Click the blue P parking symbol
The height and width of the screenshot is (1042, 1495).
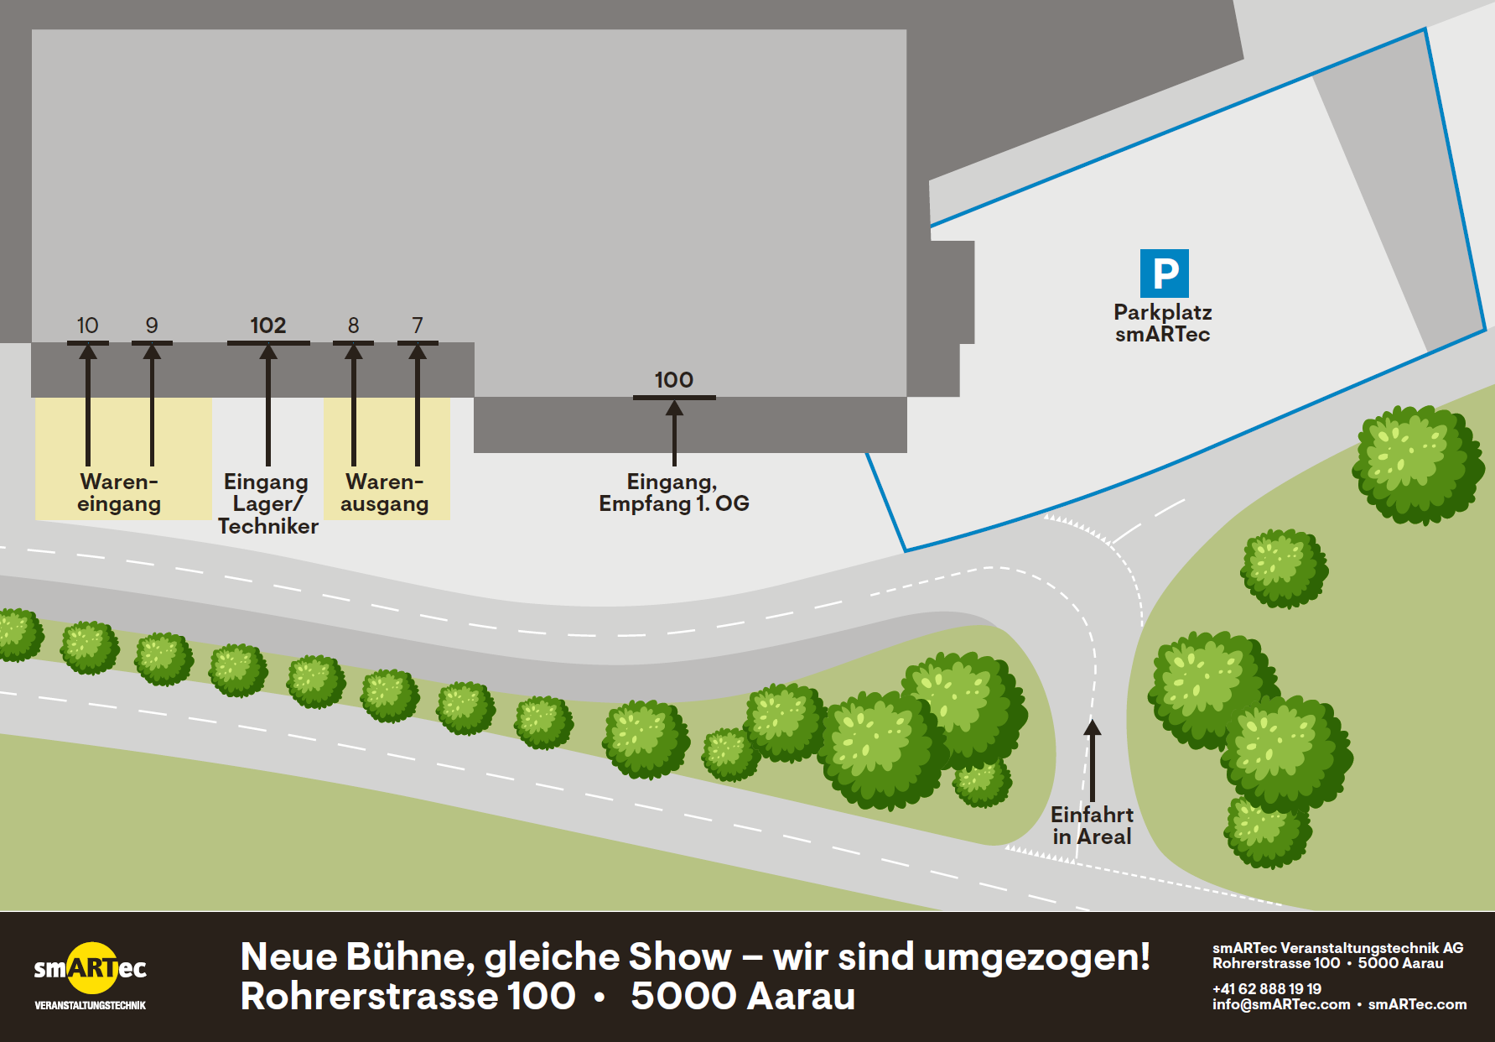coord(1164,274)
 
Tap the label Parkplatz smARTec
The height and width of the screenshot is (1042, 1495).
coord(1163,323)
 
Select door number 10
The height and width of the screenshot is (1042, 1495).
coord(87,326)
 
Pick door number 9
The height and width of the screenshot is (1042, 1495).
coord(152,326)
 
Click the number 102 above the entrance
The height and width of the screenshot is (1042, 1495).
coord(268,326)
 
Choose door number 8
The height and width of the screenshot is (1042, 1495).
coord(354,326)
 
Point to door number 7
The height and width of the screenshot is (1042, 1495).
coord(418,326)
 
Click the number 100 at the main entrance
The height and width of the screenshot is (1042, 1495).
coord(674,380)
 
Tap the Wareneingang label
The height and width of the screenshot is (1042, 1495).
coord(119,492)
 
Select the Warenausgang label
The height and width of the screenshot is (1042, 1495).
coord(385,492)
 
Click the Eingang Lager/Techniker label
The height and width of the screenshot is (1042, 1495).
coord(267,503)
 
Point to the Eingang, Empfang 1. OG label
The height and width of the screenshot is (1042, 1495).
coord(674,492)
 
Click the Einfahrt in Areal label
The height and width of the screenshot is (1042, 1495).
coord(1092,826)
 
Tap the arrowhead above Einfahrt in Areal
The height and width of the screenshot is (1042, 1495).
coord(1092,727)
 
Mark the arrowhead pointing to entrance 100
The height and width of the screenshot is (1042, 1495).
coord(674,409)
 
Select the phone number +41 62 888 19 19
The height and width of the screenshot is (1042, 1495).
coord(1267,989)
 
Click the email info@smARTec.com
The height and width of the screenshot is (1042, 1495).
coord(1281,1004)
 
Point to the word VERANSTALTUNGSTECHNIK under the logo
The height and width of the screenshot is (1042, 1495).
coord(91,1005)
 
